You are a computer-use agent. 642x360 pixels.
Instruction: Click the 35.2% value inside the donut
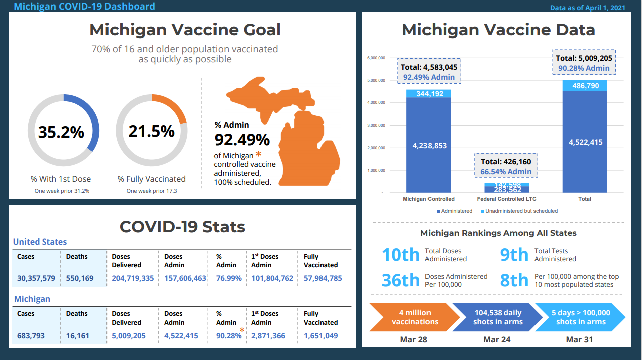click(61, 132)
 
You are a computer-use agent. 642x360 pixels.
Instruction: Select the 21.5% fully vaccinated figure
click(151, 131)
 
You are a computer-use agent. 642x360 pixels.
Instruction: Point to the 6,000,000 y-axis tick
click(376, 58)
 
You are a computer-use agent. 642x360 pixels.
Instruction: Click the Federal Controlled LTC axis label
click(506, 199)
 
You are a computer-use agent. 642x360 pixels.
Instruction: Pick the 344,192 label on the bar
click(429, 94)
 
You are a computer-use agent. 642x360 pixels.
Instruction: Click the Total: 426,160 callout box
click(506, 166)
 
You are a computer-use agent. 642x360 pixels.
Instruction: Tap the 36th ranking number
click(400, 280)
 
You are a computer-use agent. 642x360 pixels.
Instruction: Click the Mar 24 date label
click(497, 340)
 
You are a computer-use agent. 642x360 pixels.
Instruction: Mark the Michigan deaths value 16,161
click(80, 335)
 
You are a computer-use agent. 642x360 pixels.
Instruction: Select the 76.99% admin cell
click(229, 278)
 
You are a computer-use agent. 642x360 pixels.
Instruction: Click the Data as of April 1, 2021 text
click(587, 8)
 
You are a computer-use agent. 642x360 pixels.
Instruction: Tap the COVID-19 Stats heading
click(182, 227)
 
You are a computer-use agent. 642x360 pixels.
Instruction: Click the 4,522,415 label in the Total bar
click(585, 142)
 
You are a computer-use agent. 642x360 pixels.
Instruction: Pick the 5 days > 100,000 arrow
click(580, 317)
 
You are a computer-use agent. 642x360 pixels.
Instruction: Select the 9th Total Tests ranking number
click(514, 255)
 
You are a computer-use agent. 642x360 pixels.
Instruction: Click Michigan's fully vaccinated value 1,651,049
click(320, 335)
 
